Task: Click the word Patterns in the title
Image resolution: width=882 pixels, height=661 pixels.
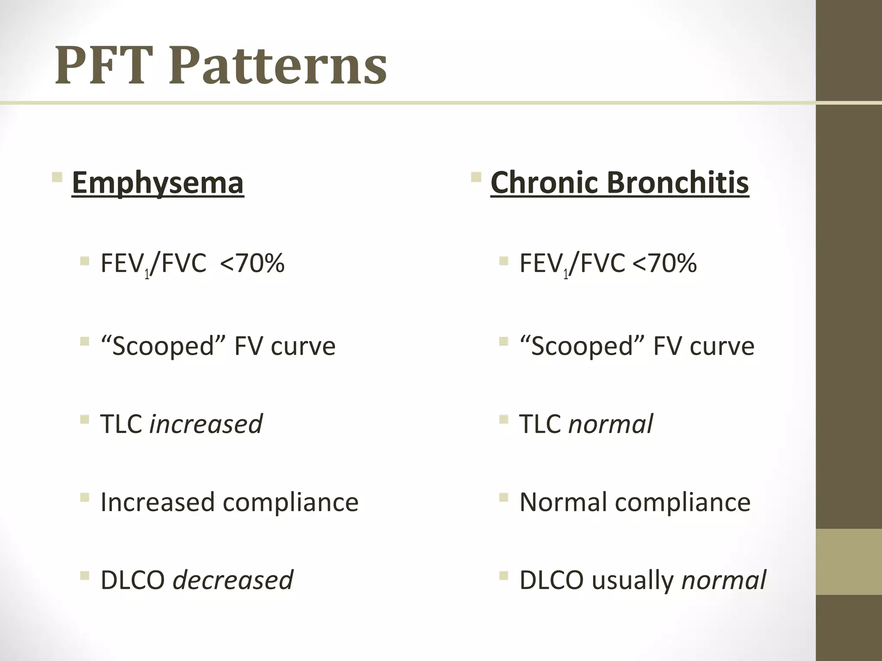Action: coord(278,65)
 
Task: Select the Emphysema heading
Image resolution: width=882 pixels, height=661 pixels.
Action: coord(158,183)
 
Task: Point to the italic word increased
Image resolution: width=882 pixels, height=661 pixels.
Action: coord(206,424)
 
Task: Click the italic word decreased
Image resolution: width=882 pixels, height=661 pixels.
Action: coord(233,580)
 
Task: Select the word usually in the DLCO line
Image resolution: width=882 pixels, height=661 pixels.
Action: coord(632,581)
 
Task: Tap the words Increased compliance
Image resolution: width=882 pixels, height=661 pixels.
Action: coord(229,502)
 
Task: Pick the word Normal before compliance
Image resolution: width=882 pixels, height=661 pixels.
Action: coord(563,502)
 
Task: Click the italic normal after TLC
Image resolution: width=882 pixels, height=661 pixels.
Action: coord(610,424)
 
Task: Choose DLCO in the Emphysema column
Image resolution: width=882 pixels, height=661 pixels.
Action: coord(133,580)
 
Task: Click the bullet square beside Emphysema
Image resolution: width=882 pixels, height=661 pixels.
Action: coord(57,177)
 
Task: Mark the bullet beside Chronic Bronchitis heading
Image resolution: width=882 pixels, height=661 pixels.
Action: coord(476,177)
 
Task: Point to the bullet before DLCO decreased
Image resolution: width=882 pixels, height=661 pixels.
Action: coord(84,575)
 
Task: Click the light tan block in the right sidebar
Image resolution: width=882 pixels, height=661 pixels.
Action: coord(848,562)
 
